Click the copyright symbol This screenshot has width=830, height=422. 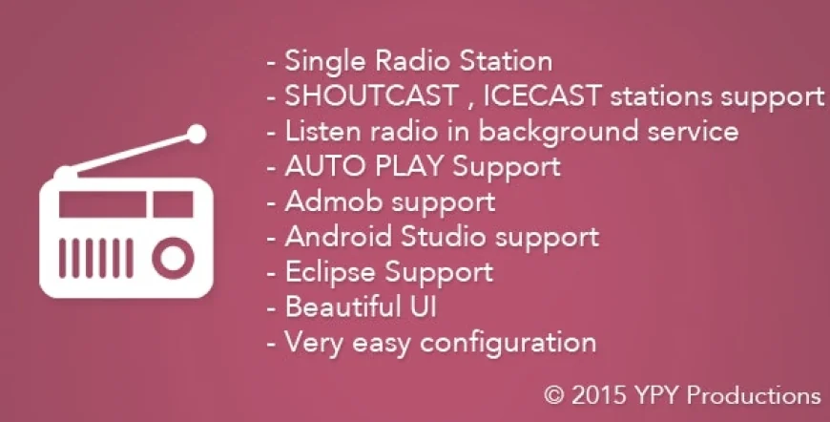click(554, 395)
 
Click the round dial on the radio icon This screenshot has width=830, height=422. click(172, 258)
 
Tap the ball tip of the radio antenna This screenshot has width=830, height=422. click(197, 134)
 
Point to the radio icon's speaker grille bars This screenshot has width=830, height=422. click(96, 258)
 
